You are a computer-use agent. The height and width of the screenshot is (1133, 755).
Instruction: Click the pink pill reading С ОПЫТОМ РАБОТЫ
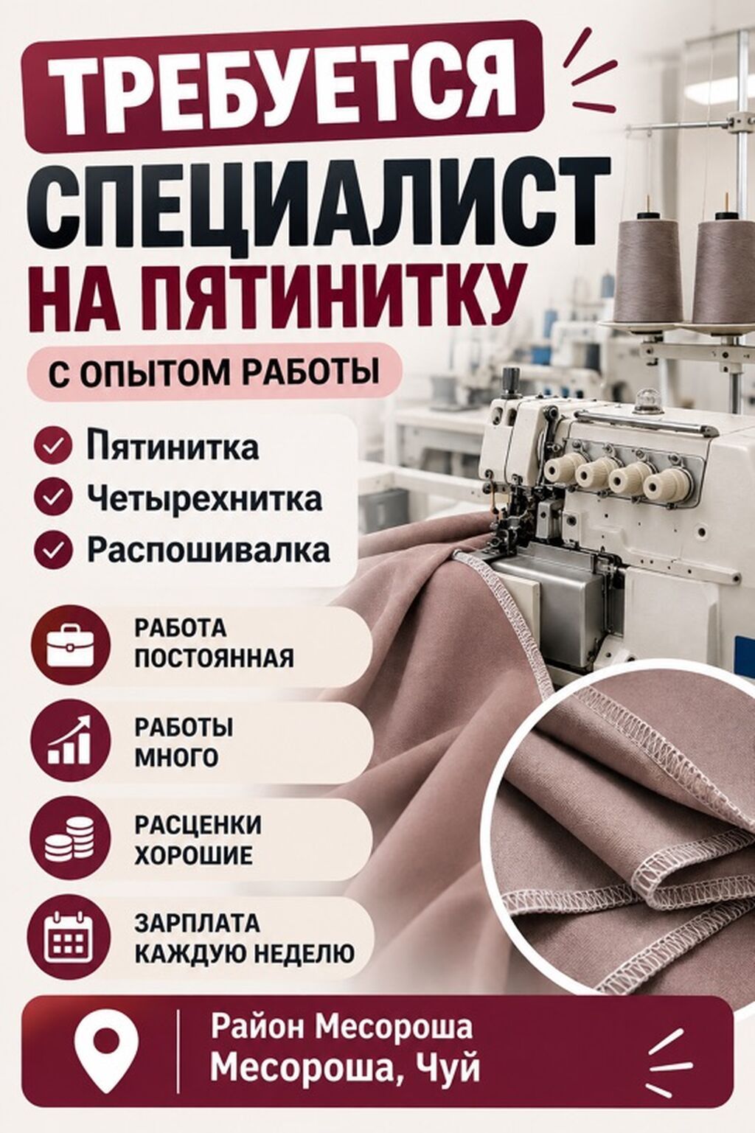(215, 372)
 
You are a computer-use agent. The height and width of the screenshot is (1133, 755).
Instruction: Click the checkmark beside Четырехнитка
(52, 497)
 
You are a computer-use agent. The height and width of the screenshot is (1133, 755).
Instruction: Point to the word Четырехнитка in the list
(204, 498)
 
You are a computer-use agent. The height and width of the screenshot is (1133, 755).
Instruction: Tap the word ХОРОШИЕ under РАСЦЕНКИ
(195, 855)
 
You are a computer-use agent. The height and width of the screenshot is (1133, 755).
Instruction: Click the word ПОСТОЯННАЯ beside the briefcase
(214, 660)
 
